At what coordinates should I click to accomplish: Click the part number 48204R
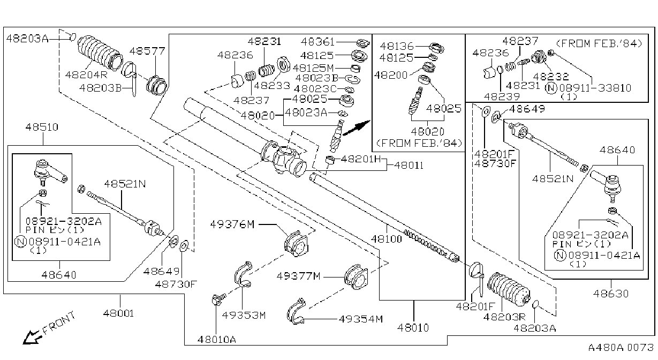tap(86, 74)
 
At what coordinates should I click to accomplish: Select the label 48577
tap(147, 51)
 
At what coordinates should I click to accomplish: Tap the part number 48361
tap(317, 42)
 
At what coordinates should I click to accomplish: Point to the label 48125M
tap(313, 68)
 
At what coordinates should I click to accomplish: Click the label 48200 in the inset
tap(391, 75)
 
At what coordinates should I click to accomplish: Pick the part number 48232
tap(551, 77)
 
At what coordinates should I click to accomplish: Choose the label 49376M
tap(232, 224)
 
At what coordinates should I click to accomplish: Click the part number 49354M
tap(361, 319)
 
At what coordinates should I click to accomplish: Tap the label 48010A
tap(217, 340)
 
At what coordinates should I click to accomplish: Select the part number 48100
tap(386, 238)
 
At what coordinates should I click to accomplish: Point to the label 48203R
tap(504, 317)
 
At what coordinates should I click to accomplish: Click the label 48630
tap(611, 293)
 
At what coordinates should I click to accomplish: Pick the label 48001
tap(118, 313)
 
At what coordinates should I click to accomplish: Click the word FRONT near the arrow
tap(59, 322)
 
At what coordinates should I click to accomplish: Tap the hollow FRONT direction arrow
tap(32, 337)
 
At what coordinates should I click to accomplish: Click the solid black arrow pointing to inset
tap(357, 128)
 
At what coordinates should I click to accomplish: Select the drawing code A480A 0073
tap(621, 347)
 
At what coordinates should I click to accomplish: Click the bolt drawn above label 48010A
tap(218, 299)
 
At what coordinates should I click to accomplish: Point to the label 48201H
tap(361, 159)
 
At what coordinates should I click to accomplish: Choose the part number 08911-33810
tap(595, 88)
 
